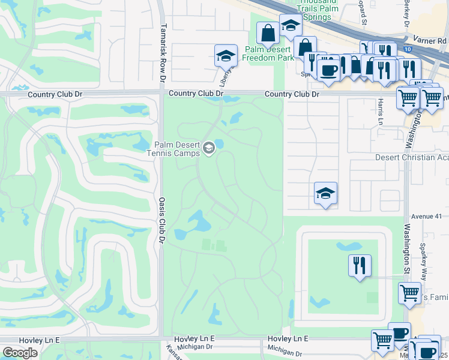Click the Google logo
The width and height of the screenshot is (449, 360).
click(x=20, y=352)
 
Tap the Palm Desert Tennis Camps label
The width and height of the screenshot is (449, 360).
click(x=178, y=148)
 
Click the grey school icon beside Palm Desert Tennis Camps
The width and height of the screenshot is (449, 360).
click(x=209, y=148)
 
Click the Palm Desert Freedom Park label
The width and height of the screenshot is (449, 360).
click(x=268, y=53)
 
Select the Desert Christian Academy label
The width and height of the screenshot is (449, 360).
click(x=412, y=157)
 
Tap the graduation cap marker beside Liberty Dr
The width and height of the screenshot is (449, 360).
click(x=226, y=56)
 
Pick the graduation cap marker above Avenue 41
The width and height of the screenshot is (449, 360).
click(x=325, y=193)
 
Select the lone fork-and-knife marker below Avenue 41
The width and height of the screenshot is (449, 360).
click(x=360, y=265)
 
